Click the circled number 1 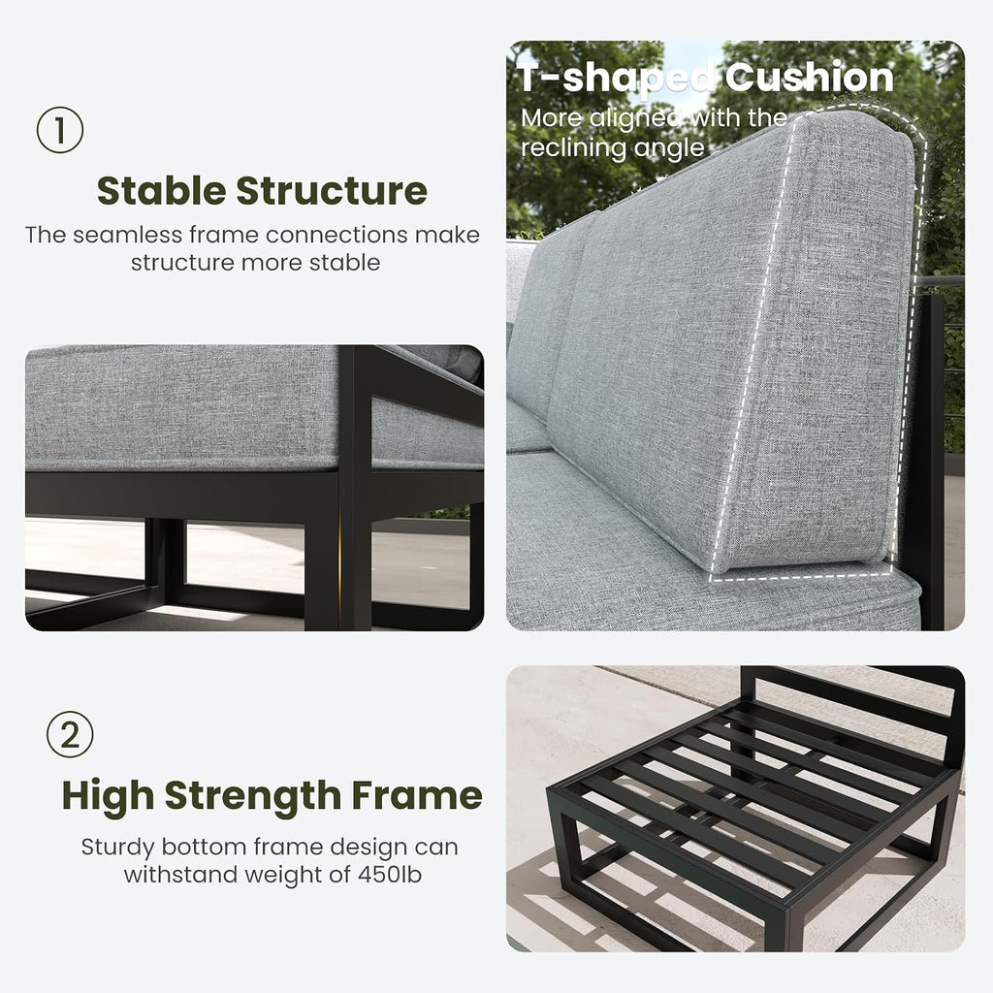[60, 130]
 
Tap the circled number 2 [70, 735]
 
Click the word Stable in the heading [161, 191]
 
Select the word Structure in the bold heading [332, 191]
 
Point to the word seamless [127, 235]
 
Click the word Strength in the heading [253, 796]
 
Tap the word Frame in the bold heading [417, 795]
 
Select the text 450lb [390, 875]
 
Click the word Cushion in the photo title [809, 78]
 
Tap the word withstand [180, 875]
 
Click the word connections [336, 235]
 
